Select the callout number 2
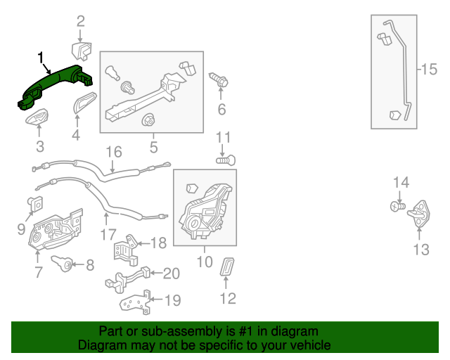click(x=80, y=20)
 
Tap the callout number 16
click(x=113, y=151)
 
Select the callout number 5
click(x=153, y=147)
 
